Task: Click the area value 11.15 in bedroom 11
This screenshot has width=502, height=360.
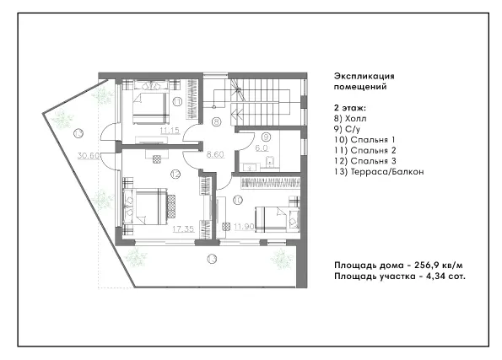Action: [170, 131]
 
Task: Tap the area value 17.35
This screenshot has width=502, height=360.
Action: [183, 228]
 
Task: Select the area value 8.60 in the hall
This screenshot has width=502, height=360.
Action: [215, 154]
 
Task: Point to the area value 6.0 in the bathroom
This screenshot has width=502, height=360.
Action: [262, 148]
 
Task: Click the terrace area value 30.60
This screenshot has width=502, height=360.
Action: [89, 156]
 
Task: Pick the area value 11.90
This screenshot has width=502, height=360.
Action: [245, 227]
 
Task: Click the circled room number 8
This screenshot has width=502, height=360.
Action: [217, 121]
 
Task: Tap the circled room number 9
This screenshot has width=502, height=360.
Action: [266, 137]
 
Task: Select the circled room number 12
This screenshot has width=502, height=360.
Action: [175, 175]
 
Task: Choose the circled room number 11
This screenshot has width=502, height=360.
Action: [177, 102]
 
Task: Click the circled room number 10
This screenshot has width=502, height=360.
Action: [238, 201]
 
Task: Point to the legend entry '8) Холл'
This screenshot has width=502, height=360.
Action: [350, 119]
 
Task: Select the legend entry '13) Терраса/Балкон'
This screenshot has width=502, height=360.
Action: [379, 172]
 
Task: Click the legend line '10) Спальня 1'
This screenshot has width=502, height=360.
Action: [364, 140]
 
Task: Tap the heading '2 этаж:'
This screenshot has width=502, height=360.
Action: [350, 108]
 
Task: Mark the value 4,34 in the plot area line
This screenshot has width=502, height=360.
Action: [435, 277]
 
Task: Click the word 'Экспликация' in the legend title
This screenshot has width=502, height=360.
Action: [364, 76]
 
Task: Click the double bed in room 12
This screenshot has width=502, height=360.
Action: [146, 207]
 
